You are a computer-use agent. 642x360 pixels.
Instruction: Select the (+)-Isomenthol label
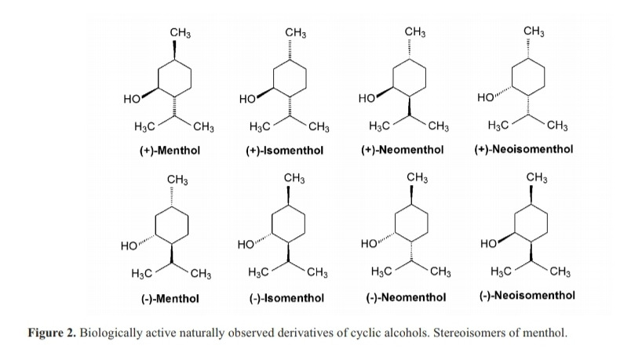285,150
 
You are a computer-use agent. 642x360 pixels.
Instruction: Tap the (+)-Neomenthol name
406,150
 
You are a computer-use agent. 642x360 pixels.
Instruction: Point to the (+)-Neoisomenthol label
524,149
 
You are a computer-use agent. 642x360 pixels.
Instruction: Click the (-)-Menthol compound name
170,298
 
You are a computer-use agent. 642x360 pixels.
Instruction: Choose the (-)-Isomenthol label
286,298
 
